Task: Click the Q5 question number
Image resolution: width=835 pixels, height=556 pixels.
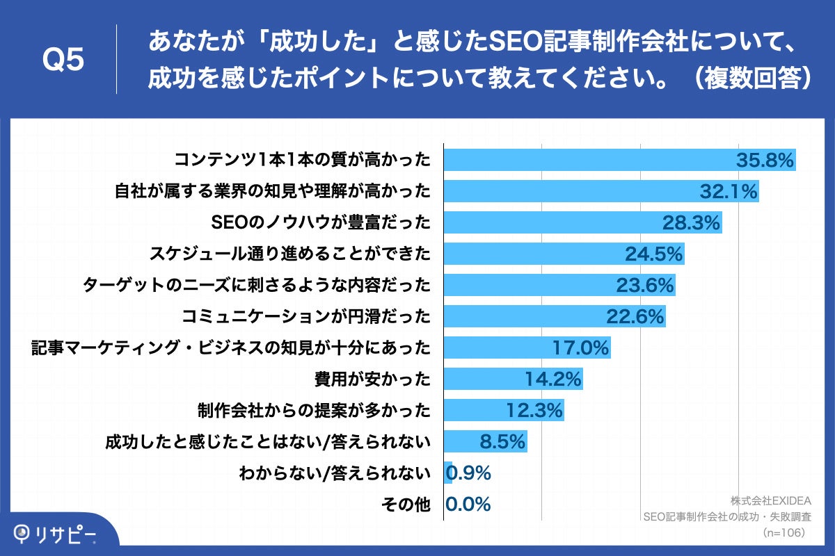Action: point(63,60)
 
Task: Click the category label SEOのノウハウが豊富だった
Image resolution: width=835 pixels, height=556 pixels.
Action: point(320,222)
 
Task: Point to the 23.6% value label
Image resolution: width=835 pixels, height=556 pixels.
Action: point(645,285)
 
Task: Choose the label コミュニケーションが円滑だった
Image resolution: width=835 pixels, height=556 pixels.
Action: point(306,316)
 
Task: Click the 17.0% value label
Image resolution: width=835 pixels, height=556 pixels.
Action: point(580,347)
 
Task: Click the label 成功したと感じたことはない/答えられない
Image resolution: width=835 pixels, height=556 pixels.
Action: point(269,441)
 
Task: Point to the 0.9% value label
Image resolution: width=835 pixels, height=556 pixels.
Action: point(468,473)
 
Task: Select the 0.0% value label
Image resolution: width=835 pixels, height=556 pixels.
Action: point(468,504)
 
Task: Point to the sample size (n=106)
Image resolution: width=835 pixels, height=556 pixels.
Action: point(784,532)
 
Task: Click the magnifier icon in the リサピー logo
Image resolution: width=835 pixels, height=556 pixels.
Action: point(24,534)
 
